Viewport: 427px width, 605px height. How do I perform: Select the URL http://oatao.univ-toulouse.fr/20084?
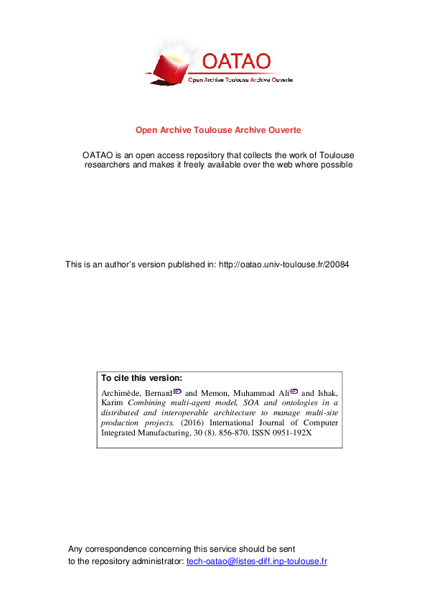[284, 264]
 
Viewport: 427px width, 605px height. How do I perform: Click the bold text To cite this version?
[142, 378]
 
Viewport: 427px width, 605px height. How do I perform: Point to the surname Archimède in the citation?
[119, 393]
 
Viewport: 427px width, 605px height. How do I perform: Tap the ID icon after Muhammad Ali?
[294, 392]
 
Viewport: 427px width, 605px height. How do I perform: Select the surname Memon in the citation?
[212, 393]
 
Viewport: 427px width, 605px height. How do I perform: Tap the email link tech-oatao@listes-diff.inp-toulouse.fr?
[256, 560]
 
